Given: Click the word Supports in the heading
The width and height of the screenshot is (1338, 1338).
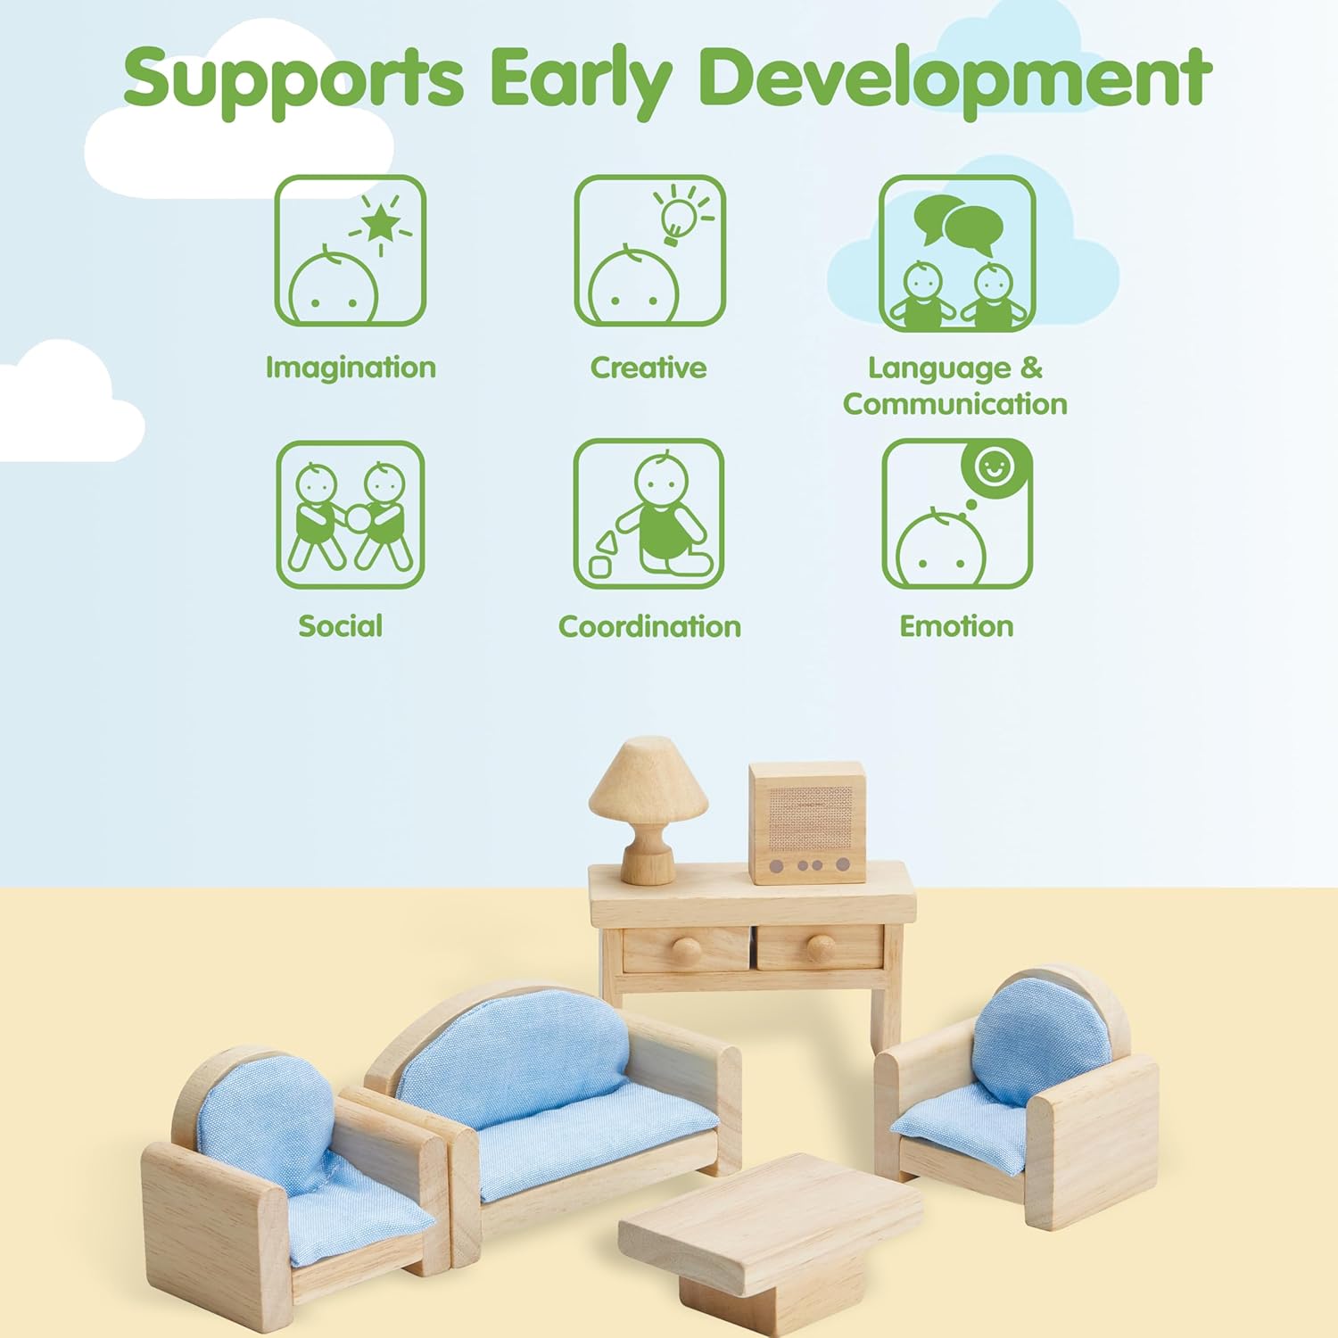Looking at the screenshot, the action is [293, 78].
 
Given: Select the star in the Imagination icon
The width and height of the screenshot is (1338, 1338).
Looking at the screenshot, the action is [382, 223].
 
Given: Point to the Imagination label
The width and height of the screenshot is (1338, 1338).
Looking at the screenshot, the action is [351, 368].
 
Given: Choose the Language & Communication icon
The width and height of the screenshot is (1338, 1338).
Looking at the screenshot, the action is [956, 253].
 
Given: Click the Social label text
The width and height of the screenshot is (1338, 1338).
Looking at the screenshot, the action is [340, 626].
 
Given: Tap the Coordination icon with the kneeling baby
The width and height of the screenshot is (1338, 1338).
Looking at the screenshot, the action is [648, 514].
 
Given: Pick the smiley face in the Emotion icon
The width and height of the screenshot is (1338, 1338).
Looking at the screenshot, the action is [994, 466].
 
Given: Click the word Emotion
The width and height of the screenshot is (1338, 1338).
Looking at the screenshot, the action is [956, 626].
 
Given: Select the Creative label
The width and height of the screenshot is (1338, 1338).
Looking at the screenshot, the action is [648, 368].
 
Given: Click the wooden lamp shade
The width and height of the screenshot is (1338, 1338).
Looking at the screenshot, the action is [648, 780].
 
